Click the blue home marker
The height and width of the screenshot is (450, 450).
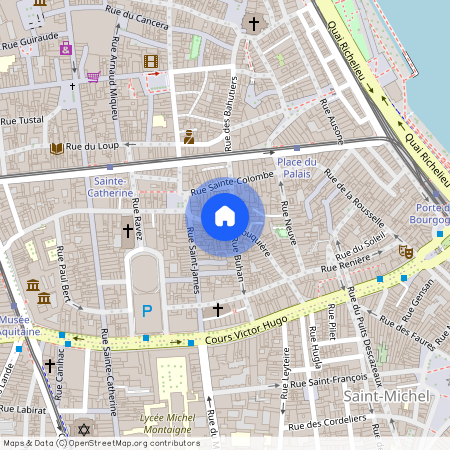225,215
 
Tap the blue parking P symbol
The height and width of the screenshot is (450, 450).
147,311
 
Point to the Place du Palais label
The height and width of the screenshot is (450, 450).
297,168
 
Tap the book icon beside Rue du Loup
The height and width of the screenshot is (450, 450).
57,148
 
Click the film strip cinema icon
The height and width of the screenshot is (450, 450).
150,62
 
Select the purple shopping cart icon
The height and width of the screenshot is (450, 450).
93,75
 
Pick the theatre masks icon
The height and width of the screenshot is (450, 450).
405,251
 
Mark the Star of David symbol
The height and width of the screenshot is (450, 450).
83,431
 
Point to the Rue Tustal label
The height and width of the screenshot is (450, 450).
25,119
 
